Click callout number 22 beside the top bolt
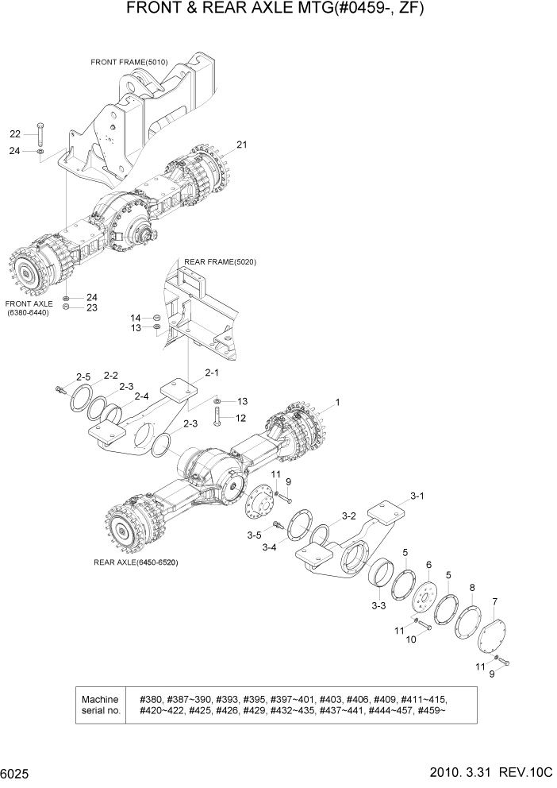point(15,133)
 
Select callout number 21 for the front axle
point(242,145)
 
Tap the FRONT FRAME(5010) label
point(129,62)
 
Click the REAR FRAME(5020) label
point(220,261)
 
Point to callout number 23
point(91,307)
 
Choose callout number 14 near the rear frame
point(136,317)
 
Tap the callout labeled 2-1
point(212,372)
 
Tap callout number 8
point(473,588)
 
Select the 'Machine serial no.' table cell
point(101,705)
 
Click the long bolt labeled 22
point(40,133)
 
